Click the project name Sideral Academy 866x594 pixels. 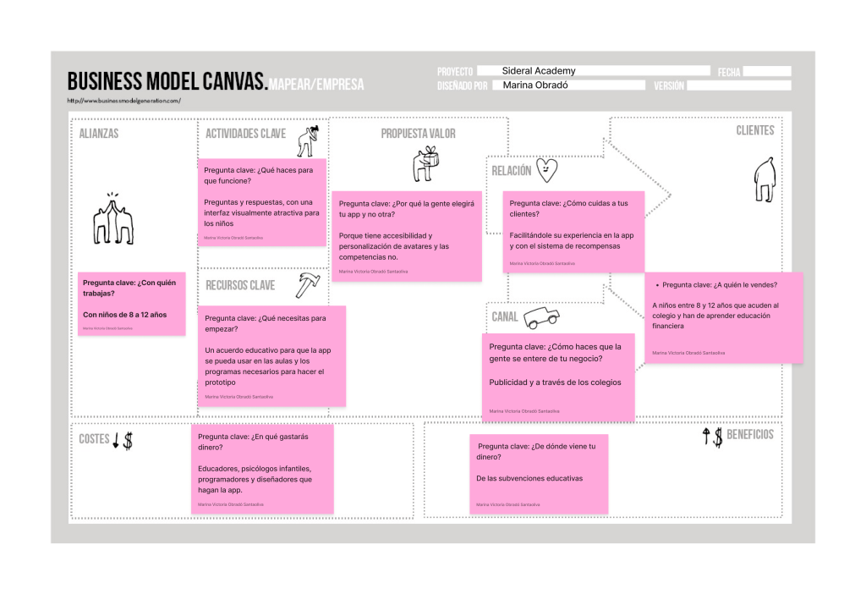(x=538, y=71)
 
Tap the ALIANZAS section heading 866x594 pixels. (x=99, y=134)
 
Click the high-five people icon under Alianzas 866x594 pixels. (x=112, y=219)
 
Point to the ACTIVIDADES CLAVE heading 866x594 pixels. (x=245, y=134)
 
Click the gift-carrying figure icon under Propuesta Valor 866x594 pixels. (x=425, y=164)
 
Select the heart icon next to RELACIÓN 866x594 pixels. (x=547, y=170)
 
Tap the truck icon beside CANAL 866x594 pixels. (x=541, y=317)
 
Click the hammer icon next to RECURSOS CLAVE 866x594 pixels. (x=307, y=285)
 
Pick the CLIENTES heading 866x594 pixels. (x=754, y=130)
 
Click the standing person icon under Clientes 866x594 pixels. (x=765, y=181)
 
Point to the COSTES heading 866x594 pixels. (x=94, y=439)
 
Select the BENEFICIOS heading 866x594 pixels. (x=749, y=435)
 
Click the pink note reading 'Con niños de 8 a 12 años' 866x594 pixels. (x=131, y=304)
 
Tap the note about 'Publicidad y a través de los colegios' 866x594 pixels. (x=558, y=377)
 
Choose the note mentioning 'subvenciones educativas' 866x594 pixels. (x=538, y=473)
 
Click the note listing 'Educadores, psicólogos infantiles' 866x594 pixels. (x=261, y=469)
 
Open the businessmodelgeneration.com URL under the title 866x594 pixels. (x=123, y=101)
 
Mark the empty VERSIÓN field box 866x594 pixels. (x=738, y=85)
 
